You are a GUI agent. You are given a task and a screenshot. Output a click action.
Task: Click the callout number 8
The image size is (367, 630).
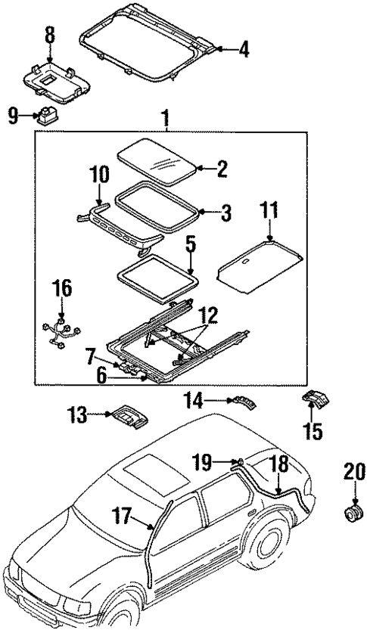click(50, 34)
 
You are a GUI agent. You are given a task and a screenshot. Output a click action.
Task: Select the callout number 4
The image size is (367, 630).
click(242, 51)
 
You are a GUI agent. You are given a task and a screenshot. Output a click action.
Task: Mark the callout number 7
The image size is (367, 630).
click(91, 355)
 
